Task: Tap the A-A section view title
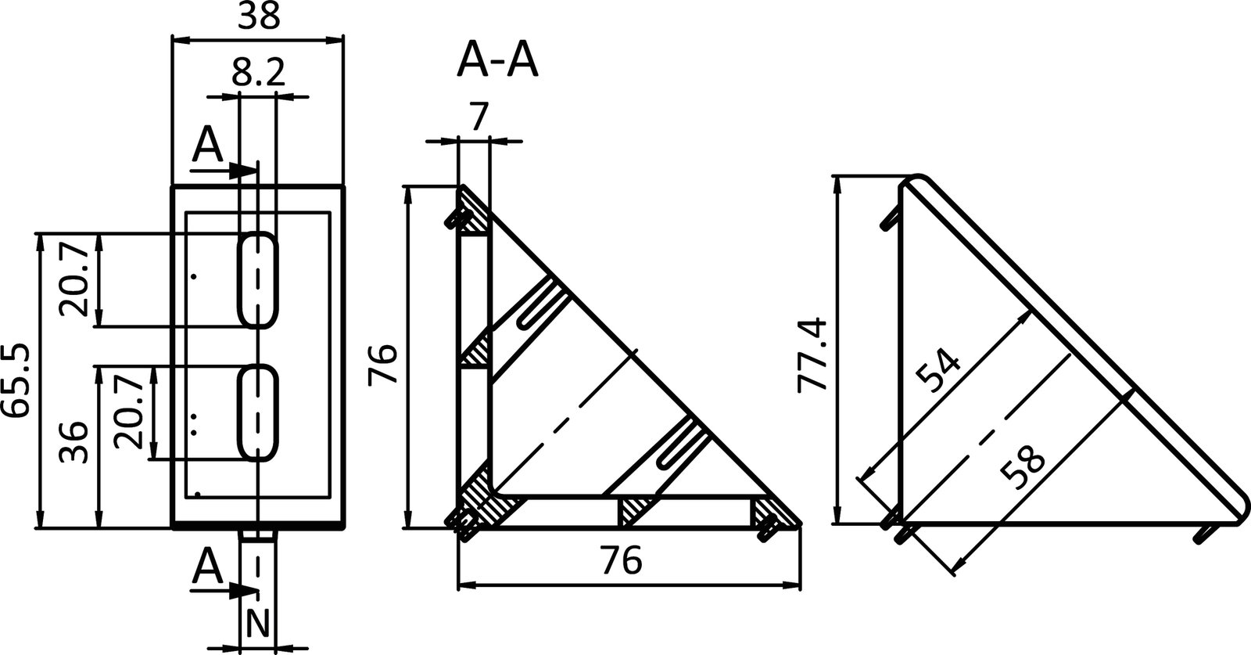[498, 62]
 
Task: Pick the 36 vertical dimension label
[75, 442]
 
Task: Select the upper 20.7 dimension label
[75, 279]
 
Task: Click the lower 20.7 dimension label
[130, 411]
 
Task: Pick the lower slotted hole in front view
[258, 411]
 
